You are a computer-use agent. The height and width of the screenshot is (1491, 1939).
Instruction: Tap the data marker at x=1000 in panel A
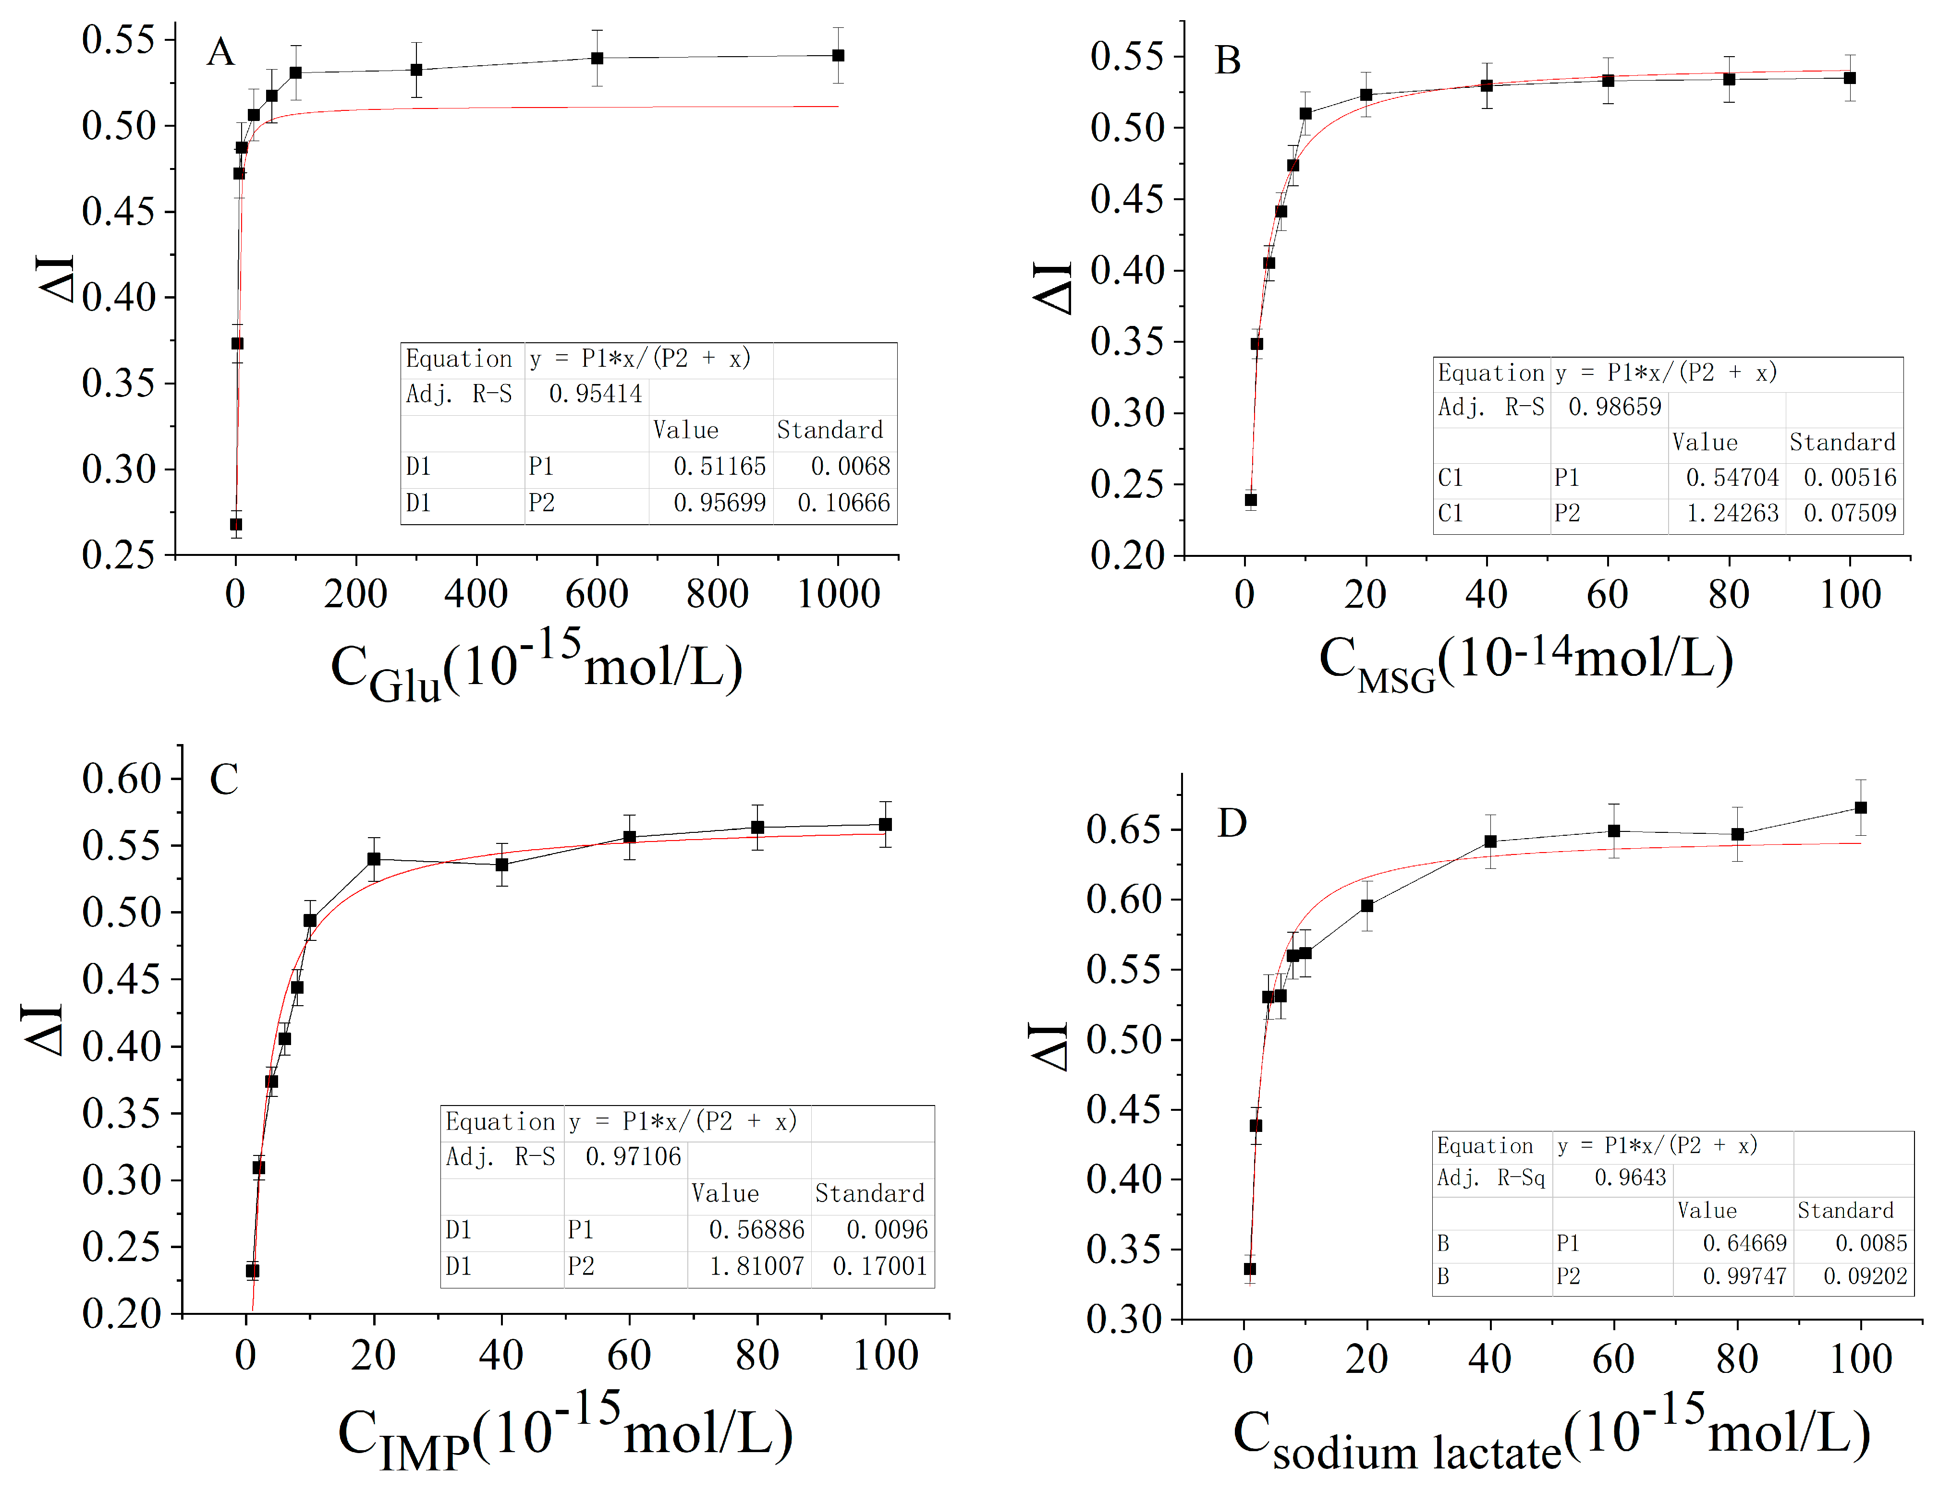(838, 55)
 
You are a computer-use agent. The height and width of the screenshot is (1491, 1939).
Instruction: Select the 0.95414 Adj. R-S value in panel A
(595, 394)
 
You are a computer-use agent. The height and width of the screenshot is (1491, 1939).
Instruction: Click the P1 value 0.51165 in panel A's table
(719, 467)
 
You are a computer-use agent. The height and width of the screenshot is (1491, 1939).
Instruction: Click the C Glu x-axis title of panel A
(536, 667)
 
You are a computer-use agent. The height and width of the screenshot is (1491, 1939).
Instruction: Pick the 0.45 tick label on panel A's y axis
(118, 211)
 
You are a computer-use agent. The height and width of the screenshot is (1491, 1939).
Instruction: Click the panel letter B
(1228, 60)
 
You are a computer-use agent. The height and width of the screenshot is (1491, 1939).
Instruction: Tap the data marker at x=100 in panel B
(1849, 78)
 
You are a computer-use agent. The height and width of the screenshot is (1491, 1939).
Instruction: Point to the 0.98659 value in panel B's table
(1614, 408)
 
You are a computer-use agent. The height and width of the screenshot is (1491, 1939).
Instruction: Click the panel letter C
(224, 779)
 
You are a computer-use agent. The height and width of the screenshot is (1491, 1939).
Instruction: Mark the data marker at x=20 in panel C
(374, 859)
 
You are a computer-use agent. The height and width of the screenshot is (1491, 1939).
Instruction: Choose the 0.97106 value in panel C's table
(633, 1156)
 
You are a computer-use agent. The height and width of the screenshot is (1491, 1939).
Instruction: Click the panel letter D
(1232, 824)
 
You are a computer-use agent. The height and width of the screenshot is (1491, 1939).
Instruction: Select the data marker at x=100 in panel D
(1861, 807)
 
